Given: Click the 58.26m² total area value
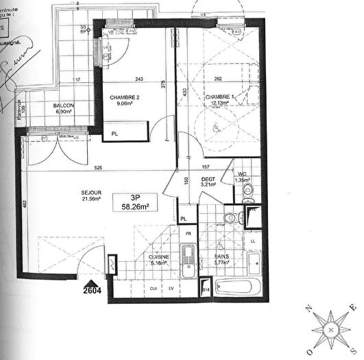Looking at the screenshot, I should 135,204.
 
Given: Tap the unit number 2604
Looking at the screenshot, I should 96,291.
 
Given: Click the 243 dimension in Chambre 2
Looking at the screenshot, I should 139,78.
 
